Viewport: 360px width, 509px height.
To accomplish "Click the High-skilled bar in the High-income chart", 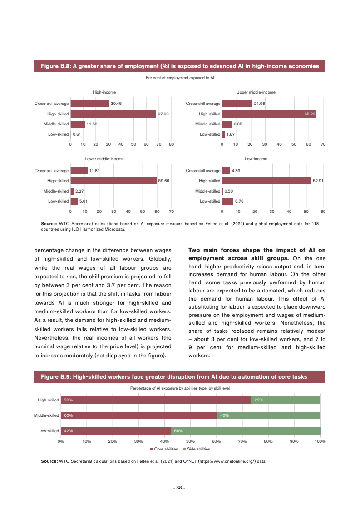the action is point(113,114).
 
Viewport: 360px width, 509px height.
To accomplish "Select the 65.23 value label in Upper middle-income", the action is point(310,114).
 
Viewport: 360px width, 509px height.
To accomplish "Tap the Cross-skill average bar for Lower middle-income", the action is point(79,171).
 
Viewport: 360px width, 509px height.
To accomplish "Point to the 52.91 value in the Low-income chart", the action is point(318,181).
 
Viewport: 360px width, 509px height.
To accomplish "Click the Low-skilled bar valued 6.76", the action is point(228,201).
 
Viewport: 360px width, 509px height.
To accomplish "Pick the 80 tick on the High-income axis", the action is point(172,144).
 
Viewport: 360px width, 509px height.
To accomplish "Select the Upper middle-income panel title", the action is point(256,92).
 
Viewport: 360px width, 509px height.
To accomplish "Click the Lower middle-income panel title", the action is point(104,159).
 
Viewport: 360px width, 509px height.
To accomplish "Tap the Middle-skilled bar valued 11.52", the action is point(78,124).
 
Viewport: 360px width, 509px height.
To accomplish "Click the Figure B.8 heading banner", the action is point(180,66).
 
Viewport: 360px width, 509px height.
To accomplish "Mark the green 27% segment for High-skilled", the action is point(286,400).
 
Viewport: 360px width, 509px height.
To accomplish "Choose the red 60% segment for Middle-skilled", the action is point(138,415).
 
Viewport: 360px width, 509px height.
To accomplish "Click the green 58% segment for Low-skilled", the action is point(246,431).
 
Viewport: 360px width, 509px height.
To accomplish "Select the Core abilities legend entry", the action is point(164,449).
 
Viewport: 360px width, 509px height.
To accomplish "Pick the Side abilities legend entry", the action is point(197,449).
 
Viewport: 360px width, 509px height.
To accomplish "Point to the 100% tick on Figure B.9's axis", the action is point(320,441).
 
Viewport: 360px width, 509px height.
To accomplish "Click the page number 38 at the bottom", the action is point(179,488).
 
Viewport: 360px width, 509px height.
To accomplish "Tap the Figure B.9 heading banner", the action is point(180,376).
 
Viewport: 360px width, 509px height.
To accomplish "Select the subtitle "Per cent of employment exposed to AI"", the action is point(180,78).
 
